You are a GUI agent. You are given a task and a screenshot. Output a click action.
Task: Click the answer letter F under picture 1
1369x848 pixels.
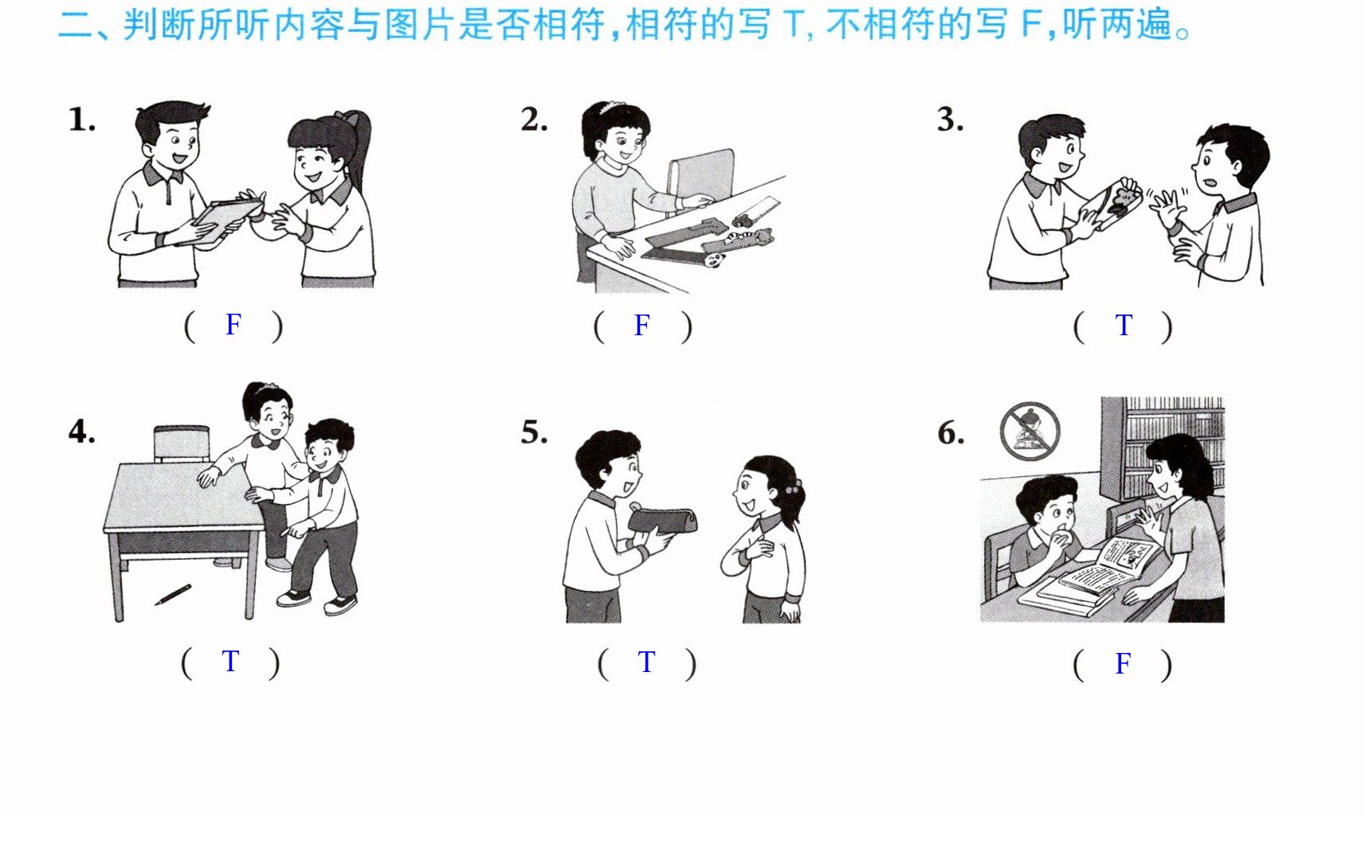click(233, 324)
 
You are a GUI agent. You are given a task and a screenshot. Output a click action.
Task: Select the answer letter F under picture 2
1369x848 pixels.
click(641, 325)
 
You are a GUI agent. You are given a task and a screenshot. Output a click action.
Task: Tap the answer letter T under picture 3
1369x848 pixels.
click(1124, 325)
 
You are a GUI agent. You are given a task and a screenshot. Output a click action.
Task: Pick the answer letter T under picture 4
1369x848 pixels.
click(230, 661)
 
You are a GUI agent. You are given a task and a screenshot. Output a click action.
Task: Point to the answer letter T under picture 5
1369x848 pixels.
click(646, 662)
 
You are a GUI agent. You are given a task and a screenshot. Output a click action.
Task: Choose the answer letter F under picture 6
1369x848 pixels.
click(1123, 663)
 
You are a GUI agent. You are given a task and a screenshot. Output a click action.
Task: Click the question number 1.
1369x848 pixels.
click(81, 119)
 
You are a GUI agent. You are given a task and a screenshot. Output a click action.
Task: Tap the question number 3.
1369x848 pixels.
click(950, 119)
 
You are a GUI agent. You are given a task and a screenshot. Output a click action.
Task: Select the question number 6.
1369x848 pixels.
click(951, 433)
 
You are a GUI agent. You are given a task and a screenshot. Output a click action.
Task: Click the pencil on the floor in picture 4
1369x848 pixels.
click(173, 595)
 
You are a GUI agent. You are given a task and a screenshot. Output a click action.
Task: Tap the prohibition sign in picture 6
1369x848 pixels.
click(1030, 431)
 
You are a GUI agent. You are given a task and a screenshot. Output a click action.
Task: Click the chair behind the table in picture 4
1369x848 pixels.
click(182, 444)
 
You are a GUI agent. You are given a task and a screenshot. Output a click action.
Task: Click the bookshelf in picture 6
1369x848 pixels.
click(1163, 446)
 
